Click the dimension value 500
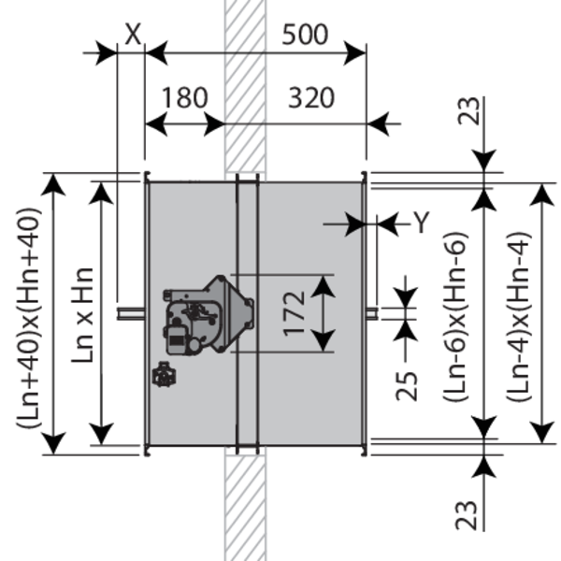[x=305, y=35]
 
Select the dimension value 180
[x=183, y=97]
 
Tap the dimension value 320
[x=311, y=97]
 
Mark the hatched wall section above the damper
[x=245, y=84]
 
